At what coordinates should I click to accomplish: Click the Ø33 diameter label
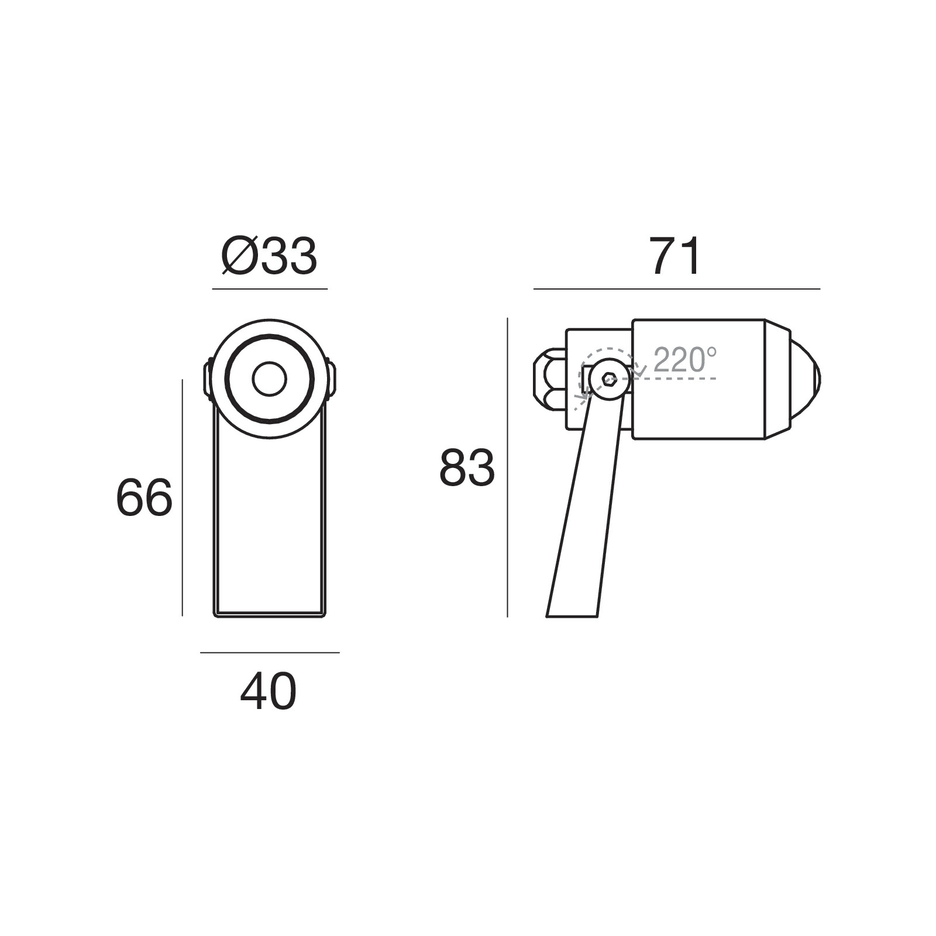(270, 257)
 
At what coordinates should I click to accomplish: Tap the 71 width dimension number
(675, 257)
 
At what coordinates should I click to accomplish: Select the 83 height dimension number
(467, 467)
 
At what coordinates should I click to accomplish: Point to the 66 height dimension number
(144, 498)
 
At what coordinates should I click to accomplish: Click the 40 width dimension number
(269, 691)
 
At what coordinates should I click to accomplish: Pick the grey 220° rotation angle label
(684, 360)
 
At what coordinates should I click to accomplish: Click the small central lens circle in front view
(270, 379)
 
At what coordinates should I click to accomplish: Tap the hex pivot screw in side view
(609, 379)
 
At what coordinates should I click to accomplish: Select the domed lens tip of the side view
(807, 378)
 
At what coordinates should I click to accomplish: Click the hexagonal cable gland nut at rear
(549, 379)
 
